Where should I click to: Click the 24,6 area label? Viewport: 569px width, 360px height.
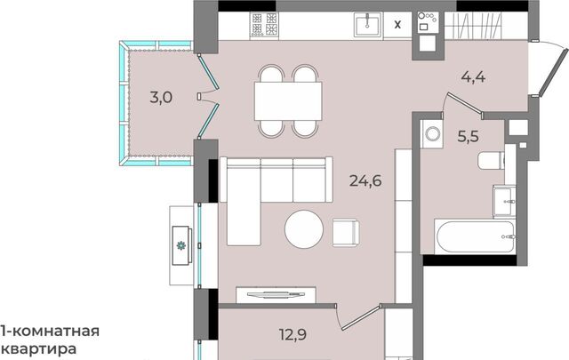click(x=365, y=180)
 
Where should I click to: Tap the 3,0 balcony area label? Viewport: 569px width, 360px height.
click(x=161, y=97)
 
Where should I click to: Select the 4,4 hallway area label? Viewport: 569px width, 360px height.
click(x=473, y=77)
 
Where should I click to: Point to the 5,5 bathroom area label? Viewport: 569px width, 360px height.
click(x=469, y=137)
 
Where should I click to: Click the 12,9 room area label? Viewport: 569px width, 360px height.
click(x=293, y=334)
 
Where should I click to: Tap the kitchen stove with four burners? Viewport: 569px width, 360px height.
click(x=264, y=25)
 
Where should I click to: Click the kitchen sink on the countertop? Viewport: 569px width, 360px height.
click(x=368, y=25)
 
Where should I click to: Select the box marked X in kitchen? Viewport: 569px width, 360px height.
click(x=397, y=25)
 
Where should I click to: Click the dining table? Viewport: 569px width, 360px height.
click(x=288, y=100)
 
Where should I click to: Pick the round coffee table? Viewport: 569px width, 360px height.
click(x=304, y=229)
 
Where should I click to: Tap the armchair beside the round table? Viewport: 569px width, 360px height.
click(x=346, y=233)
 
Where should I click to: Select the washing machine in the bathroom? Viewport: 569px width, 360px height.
click(x=432, y=133)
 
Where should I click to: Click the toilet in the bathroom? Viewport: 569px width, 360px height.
click(x=492, y=160)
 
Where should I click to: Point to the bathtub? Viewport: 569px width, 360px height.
click(x=475, y=236)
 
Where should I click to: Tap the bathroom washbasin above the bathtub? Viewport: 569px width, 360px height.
click(x=504, y=201)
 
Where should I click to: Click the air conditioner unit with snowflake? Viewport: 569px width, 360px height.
click(x=181, y=245)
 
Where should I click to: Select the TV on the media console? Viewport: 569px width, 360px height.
click(x=276, y=294)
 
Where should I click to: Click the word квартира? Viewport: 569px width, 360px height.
click(x=38, y=349)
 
